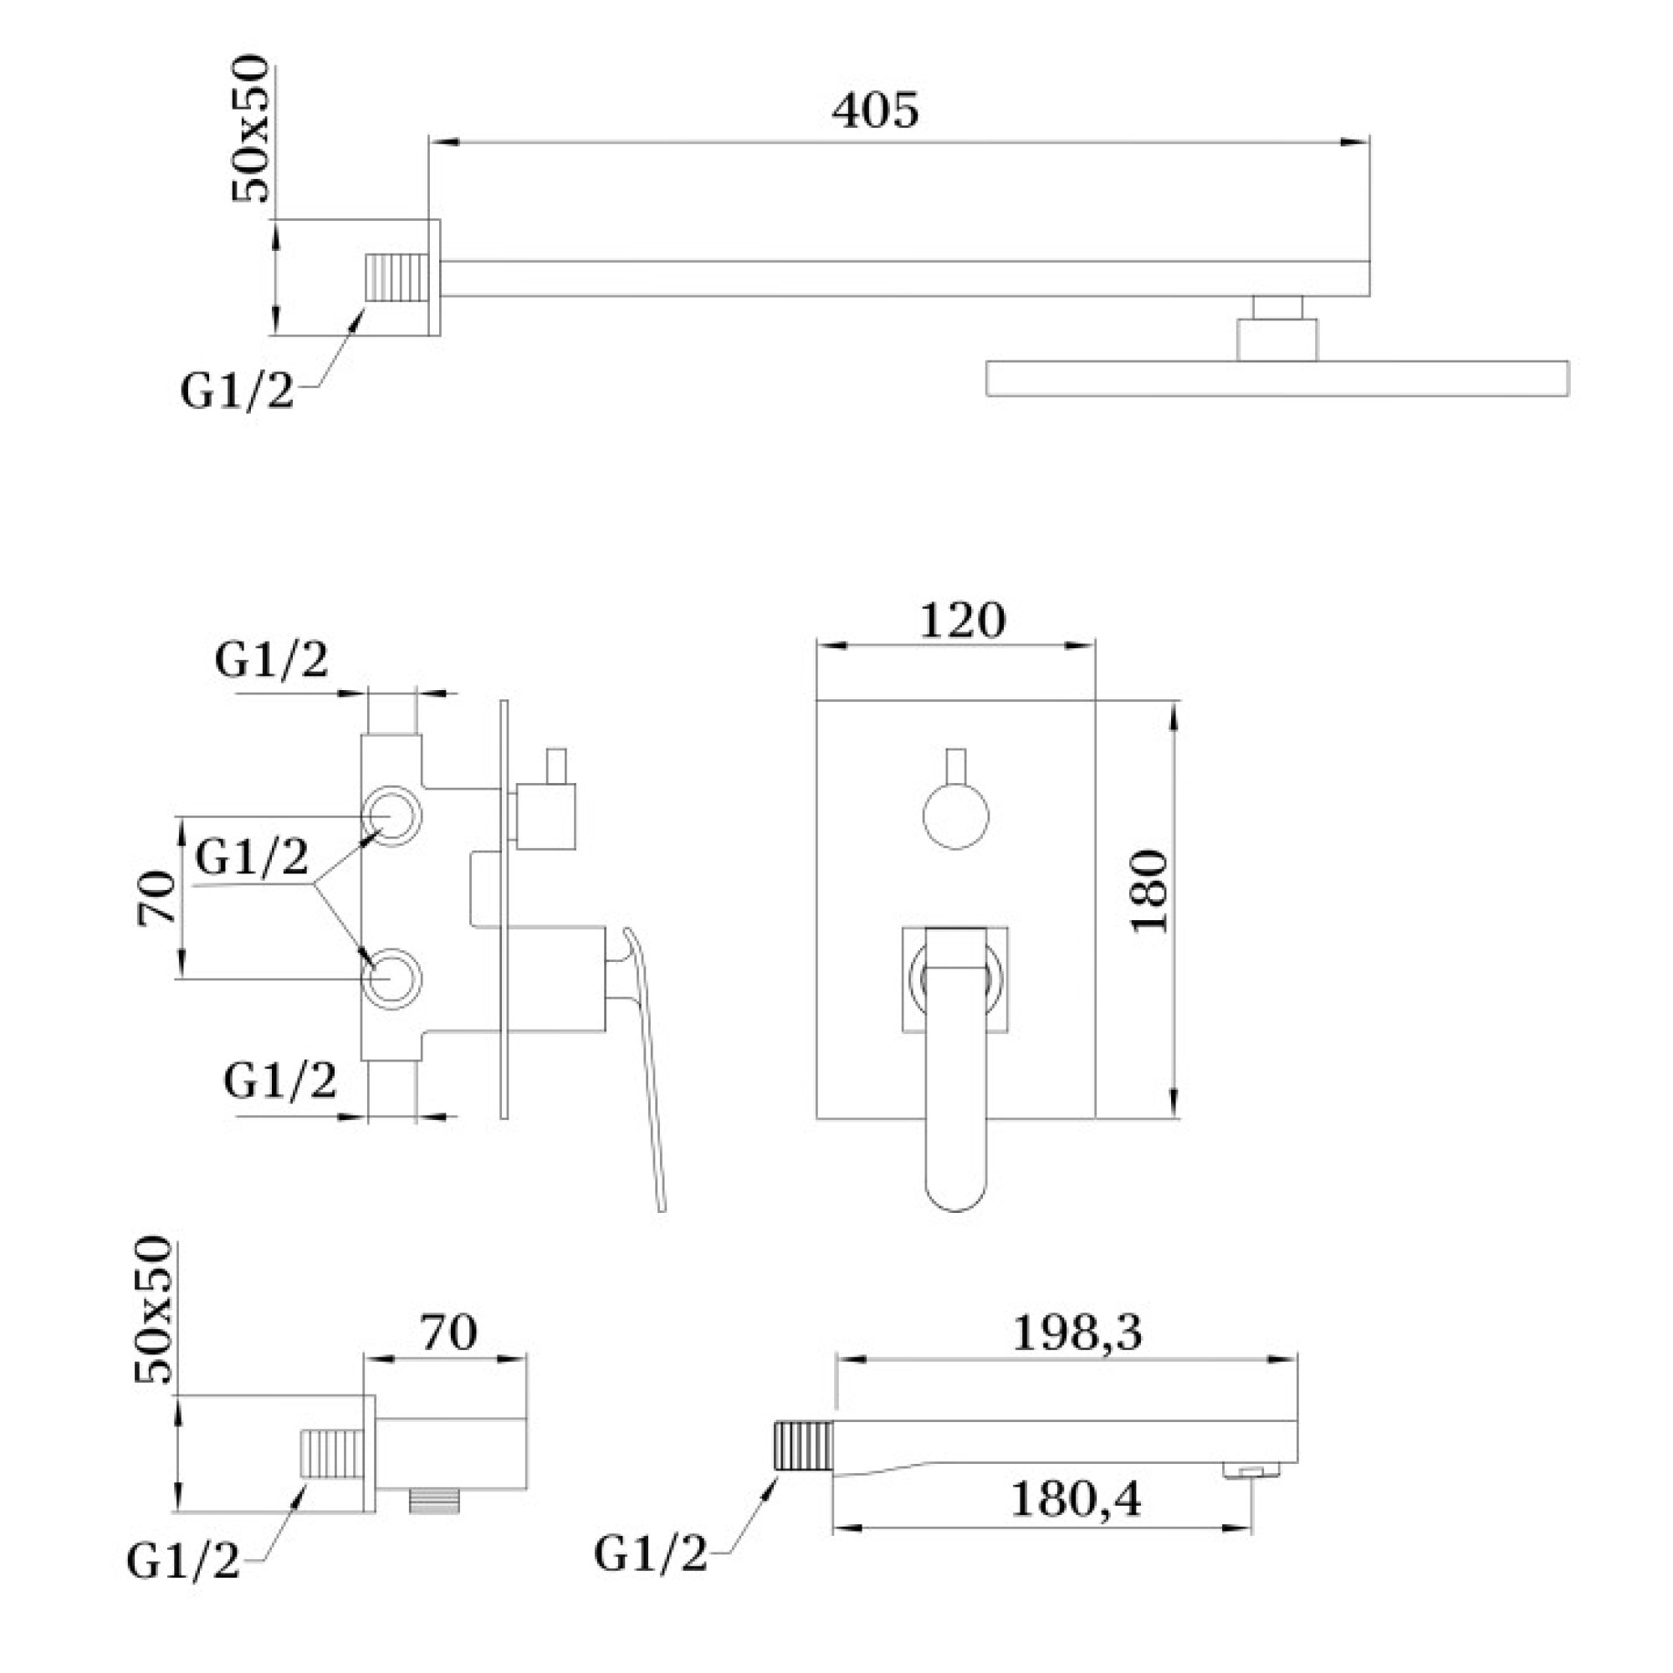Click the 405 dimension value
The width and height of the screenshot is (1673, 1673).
click(x=875, y=112)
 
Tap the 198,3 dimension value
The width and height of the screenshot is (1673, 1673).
click(x=1077, y=1333)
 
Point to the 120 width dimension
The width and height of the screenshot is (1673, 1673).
click(x=962, y=620)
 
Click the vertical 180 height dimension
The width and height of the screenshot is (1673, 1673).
click(x=1150, y=891)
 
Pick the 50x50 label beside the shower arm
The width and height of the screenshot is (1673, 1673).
click(x=252, y=130)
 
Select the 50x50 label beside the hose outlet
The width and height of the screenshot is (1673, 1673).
click(x=155, y=1310)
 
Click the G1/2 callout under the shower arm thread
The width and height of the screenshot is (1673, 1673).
click(x=237, y=391)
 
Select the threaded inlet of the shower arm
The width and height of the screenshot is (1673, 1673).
click(x=397, y=278)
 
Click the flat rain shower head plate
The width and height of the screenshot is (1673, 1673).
click(x=1277, y=378)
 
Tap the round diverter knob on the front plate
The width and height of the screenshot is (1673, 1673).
click(x=956, y=816)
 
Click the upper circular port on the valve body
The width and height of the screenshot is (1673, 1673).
click(x=391, y=816)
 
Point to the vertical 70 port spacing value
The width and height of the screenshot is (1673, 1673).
click(x=157, y=898)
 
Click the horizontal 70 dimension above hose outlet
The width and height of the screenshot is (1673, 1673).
click(x=448, y=1333)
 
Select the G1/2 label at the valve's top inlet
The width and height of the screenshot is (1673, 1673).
click(x=271, y=662)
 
